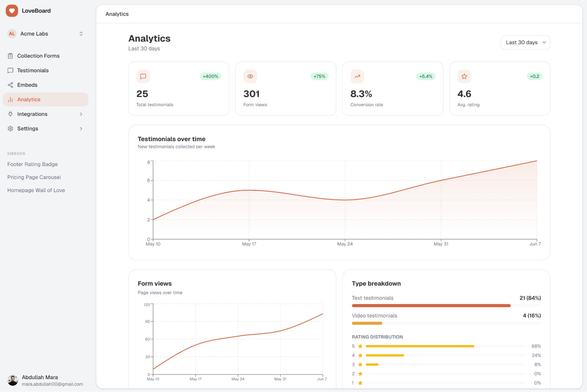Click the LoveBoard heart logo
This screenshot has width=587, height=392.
point(12,11)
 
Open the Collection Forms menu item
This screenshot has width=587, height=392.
point(38,56)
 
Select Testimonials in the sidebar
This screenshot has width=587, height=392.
point(33,70)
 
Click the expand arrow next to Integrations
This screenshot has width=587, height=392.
point(81,114)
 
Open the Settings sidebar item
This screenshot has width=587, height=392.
point(27,129)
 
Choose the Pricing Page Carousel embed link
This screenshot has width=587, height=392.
point(34,177)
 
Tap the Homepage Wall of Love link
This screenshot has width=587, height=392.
point(36,190)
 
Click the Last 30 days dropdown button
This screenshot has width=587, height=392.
point(525,43)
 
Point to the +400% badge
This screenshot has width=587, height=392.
point(210,76)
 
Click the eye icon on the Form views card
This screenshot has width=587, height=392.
point(250,76)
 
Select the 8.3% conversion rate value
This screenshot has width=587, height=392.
point(361,93)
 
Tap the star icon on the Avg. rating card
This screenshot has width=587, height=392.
point(464,76)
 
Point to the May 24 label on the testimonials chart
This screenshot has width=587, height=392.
point(344,244)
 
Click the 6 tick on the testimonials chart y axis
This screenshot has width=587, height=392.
point(149,181)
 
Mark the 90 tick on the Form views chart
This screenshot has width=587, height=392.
point(148,322)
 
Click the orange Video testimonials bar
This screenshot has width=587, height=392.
point(367,323)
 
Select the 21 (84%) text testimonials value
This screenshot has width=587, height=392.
point(530,298)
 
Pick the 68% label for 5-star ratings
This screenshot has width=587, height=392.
point(536,346)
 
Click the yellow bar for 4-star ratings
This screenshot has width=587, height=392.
point(384,355)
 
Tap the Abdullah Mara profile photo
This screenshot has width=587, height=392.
point(13,380)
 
